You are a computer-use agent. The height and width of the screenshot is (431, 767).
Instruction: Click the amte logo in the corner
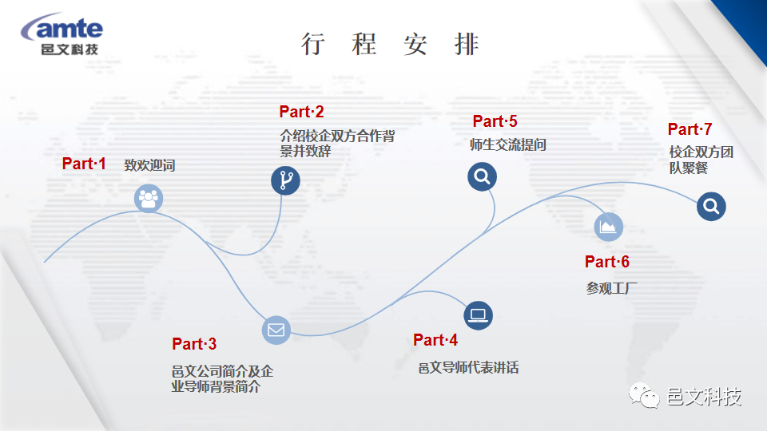62,34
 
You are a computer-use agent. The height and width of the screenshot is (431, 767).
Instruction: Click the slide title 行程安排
390,44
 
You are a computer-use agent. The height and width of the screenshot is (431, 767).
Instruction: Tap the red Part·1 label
84,164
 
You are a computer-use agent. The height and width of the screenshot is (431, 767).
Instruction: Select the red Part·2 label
301,112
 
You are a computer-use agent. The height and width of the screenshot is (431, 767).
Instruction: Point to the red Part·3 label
193,344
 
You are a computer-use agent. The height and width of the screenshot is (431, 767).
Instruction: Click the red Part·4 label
435,340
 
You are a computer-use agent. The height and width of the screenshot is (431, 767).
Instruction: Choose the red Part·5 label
495,121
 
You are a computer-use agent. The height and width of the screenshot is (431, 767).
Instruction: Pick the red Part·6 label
607,262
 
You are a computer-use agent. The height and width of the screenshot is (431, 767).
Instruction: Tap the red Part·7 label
690,129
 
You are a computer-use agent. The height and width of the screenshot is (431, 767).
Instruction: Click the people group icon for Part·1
149,199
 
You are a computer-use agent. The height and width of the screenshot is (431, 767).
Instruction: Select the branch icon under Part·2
286,180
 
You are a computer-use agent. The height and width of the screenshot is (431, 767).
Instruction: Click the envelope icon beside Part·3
276,330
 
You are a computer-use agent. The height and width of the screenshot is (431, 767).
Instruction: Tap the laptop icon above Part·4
478,315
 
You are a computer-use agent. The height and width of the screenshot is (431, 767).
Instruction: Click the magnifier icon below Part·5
483,176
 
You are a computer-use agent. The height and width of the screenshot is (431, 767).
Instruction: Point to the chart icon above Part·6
609,227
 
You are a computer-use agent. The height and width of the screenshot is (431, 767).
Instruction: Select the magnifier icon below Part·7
711,206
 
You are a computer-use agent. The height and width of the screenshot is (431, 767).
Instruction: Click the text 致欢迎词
149,165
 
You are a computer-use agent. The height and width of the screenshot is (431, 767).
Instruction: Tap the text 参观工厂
611,288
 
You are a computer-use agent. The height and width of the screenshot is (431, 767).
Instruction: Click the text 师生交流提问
508,144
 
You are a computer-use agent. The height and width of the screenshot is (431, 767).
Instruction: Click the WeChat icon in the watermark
644,395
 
